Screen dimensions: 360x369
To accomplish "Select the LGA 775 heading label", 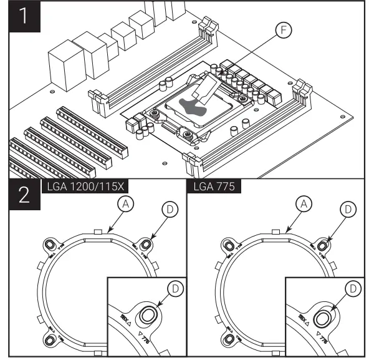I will pyautogui.click(x=210, y=185).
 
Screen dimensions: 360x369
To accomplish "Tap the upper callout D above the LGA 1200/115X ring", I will pyautogui.click(x=168, y=210).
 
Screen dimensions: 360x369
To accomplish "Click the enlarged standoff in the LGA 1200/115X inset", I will pyautogui.click(x=148, y=316).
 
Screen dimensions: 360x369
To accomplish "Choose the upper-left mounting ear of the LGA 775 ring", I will pyautogui.click(x=228, y=245).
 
